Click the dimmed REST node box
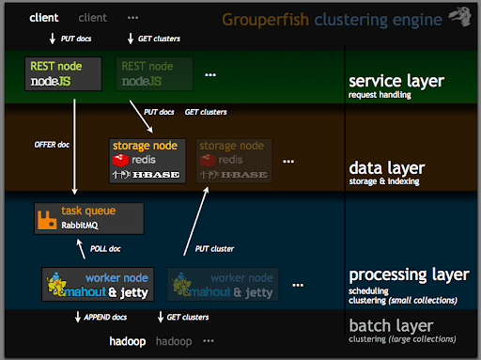pos(153,73)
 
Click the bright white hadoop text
pos(128,341)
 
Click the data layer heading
pos(386,168)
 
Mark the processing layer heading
pos(408,275)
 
